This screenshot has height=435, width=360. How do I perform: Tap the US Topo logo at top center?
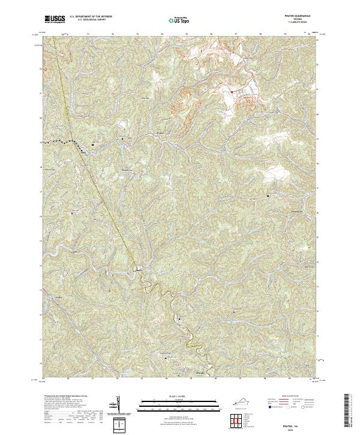(176, 20)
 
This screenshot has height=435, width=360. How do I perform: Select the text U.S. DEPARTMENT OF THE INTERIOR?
(89, 17)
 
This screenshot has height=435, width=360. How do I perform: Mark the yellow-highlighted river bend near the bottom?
(192, 345)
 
